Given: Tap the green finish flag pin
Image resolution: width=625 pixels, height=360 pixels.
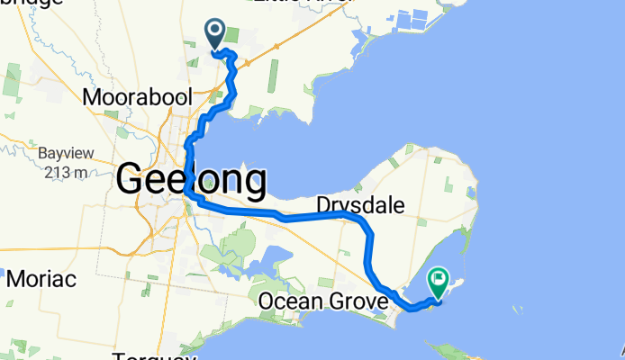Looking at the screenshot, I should pyautogui.click(x=439, y=282).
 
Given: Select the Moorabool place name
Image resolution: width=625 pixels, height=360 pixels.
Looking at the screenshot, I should pyautogui.click(x=127, y=95).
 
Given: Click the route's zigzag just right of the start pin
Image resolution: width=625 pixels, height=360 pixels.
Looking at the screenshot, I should pyautogui.click(x=231, y=58).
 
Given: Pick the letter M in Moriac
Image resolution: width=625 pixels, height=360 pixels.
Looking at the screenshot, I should pyautogui.click(x=14, y=278).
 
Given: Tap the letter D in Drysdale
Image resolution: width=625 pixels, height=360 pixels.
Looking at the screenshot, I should pyautogui.click(x=322, y=205).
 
